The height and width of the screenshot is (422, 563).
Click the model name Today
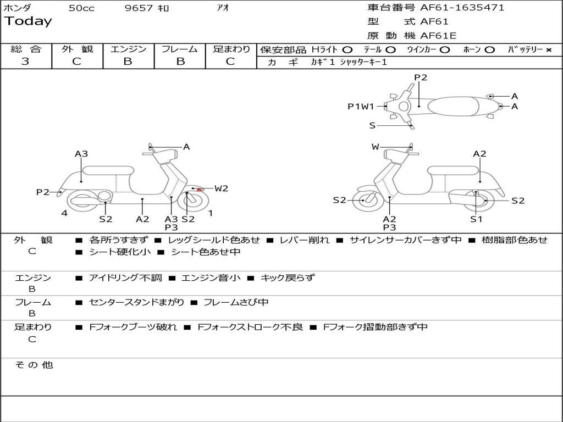[28, 21]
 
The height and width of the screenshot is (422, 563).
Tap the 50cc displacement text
[81, 8]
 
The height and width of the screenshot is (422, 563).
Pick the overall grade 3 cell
[25, 61]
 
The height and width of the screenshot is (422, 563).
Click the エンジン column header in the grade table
[128, 49]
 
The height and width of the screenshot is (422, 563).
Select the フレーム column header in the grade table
[179, 49]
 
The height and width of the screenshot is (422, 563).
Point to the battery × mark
[549, 49]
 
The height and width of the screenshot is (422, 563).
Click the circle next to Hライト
[347, 49]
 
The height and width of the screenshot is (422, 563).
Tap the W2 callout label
[221, 188]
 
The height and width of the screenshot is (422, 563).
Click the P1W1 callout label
[361, 107]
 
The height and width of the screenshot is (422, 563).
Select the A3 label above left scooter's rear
[81, 154]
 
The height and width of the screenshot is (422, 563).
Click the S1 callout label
[476, 219]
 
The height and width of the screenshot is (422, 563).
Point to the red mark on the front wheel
[200, 190]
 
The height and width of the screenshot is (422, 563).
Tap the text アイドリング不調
[125, 278]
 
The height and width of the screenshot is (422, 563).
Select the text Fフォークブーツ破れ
[133, 327]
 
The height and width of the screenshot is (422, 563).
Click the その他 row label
[34, 365]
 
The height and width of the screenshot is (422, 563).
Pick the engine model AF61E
[438, 36]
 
